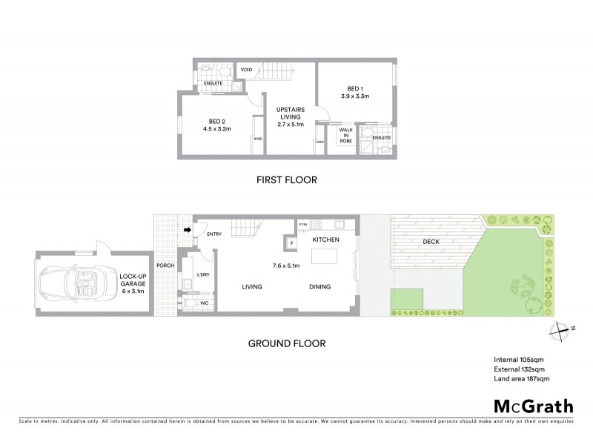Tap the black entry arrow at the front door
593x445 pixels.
coord(188,230)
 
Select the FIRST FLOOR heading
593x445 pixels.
coord(286,179)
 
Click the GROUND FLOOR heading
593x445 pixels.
coord(287,343)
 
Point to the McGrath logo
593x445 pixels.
coord(533,406)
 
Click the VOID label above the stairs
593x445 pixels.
coord(247,70)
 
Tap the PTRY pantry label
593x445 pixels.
coord(302,223)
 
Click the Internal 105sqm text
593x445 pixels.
coord(519,359)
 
